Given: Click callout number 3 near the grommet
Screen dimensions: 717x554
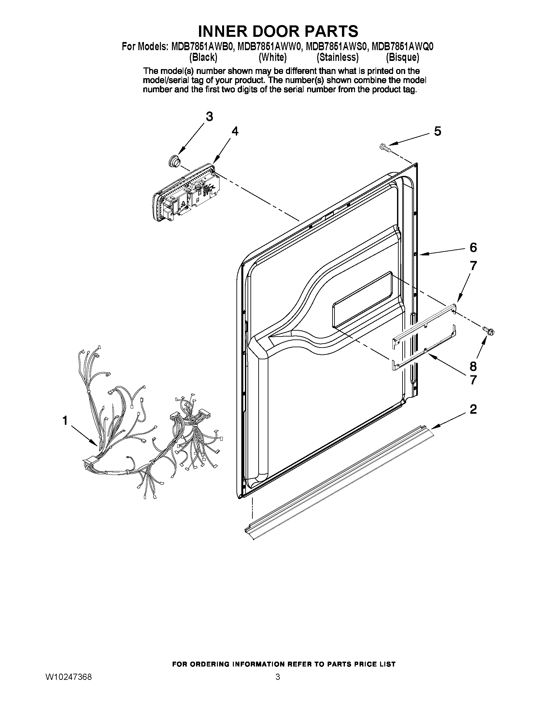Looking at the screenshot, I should tap(209, 117).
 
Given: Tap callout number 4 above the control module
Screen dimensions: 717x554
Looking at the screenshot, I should tap(235, 131).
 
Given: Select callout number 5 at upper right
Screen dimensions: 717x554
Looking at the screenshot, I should tap(437, 131).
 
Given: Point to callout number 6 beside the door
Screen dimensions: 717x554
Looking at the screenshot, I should tap(473, 248).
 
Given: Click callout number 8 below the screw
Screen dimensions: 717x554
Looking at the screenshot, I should tap(473, 366).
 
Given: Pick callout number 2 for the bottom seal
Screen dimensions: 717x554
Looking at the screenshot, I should tap(473, 409).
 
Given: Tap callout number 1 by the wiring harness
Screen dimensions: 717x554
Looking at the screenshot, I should tap(65, 420).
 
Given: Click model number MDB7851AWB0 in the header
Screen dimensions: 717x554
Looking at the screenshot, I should tap(203, 47).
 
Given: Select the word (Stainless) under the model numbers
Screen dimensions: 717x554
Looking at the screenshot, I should tap(337, 58).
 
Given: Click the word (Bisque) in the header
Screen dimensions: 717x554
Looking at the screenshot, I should tap(402, 58).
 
